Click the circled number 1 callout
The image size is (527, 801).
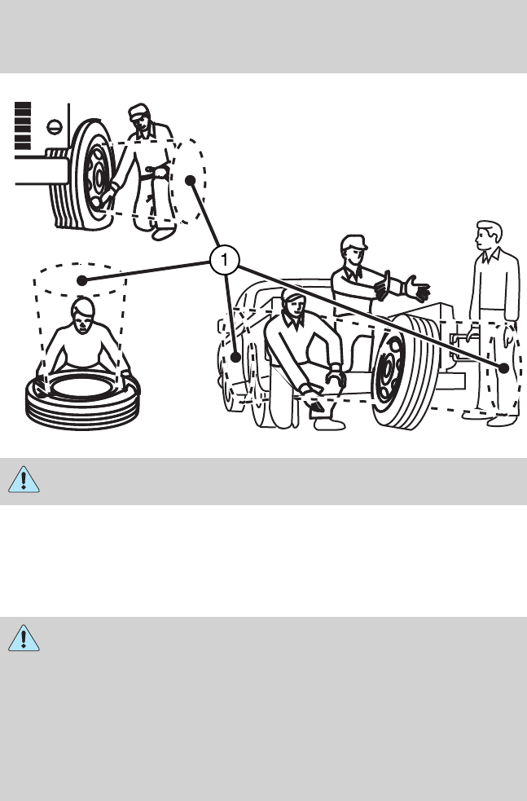tap(224, 260)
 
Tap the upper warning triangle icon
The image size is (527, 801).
tap(24, 480)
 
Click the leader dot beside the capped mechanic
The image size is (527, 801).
tap(190, 180)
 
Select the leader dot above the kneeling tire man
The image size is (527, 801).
tap(81, 280)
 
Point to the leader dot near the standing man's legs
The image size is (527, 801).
tap(503, 367)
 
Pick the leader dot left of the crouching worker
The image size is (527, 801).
tap(235, 357)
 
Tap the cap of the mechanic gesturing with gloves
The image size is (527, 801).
tap(353, 242)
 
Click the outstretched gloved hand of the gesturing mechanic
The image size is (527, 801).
tap(417, 288)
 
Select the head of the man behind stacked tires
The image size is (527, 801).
tap(83, 315)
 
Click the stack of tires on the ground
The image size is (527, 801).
tap(83, 400)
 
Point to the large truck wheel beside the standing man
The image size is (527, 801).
tap(406, 372)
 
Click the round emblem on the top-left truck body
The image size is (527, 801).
tap(55, 126)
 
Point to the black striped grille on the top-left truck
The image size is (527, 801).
tap(23, 125)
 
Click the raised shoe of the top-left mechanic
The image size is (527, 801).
tap(164, 234)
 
